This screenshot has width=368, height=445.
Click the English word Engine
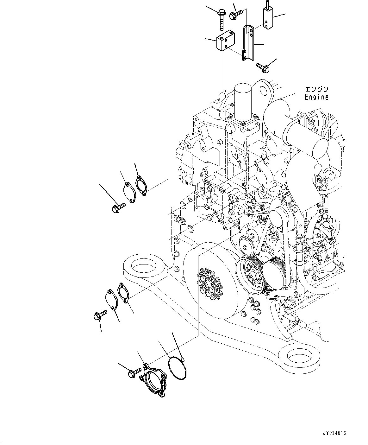(316, 97)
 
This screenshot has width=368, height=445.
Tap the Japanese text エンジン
(316, 90)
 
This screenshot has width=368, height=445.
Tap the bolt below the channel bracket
(262, 67)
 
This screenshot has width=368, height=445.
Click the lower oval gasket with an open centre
(123, 293)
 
